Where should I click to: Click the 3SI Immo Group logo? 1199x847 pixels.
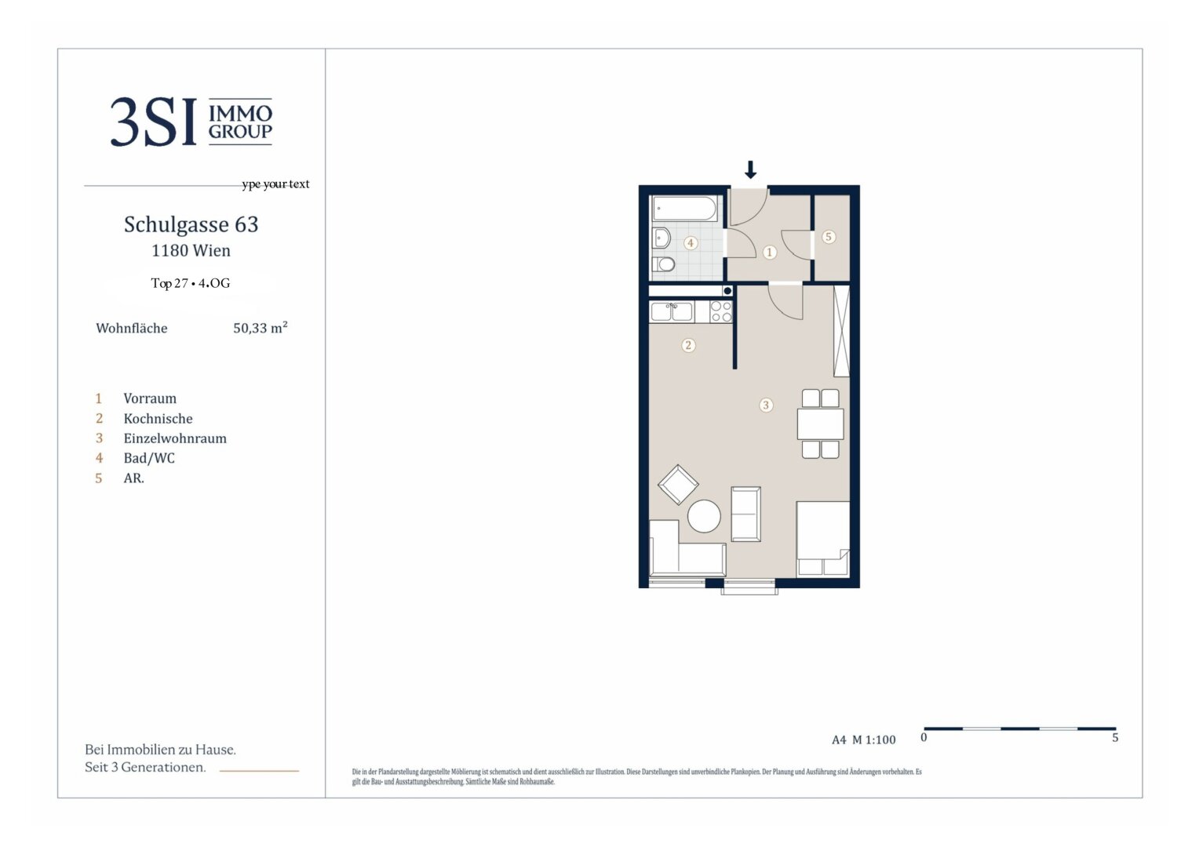click(x=191, y=122)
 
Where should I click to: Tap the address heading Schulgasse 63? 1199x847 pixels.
click(x=191, y=225)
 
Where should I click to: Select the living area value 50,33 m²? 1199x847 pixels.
click(x=260, y=328)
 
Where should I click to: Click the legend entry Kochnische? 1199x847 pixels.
click(x=158, y=419)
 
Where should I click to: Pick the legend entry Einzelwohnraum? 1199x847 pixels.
click(x=174, y=438)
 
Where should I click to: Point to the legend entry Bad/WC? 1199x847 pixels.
click(x=149, y=458)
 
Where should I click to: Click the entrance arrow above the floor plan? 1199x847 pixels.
click(x=750, y=169)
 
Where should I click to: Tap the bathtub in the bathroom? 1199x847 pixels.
click(x=684, y=209)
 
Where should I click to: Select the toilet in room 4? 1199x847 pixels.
click(x=664, y=264)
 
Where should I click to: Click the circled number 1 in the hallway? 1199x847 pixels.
click(x=769, y=253)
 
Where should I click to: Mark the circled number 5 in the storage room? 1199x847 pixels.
click(x=828, y=237)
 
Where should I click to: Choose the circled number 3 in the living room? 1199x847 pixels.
click(x=766, y=405)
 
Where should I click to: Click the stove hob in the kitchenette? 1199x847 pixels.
click(x=720, y=312)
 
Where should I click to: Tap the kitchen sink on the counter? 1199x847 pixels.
click(x=672, y=311)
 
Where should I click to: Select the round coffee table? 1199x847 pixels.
click(x=704, y=516)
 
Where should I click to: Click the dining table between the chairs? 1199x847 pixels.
click(x=820, y=424)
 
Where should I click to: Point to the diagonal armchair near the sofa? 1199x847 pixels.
click(x=678, y=484)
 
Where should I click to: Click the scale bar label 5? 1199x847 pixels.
click(x=1114, y=738)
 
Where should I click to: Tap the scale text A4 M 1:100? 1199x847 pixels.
click(x=863, y=740)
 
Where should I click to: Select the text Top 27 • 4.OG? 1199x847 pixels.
click(x=191, y=283)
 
